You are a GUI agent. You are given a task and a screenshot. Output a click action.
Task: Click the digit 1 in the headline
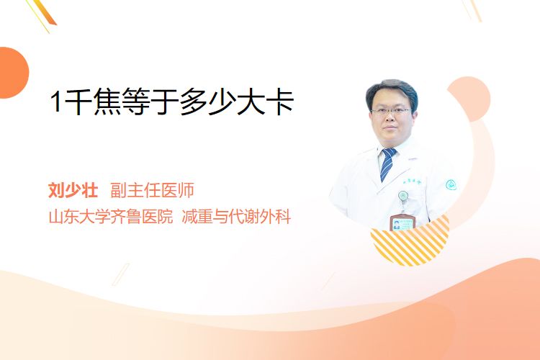pos(55,102)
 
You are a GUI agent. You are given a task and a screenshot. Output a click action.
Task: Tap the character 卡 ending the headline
pos(279,101)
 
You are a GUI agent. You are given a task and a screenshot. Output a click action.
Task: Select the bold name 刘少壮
pos(73,190)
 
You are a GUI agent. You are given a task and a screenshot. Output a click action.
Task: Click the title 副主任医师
pos(152,190)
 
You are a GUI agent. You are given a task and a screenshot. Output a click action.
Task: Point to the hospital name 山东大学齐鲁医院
pos(110,217)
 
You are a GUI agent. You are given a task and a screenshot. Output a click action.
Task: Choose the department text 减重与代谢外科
pos(236,217)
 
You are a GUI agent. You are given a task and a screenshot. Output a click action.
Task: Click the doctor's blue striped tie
pos(387,164)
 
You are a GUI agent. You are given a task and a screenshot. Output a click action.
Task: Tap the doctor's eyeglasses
pos(391,112)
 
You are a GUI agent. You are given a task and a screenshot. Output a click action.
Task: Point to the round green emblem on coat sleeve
pos(451,185)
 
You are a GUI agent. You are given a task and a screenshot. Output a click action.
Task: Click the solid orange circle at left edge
pos(13,73)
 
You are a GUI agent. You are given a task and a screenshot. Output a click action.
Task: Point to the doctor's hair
pos(392,90)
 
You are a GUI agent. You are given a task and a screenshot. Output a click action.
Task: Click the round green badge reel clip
pos(403,196)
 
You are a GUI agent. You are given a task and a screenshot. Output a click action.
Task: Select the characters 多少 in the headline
pos(207,101)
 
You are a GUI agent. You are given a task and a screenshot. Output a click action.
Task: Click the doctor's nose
pos(391,118)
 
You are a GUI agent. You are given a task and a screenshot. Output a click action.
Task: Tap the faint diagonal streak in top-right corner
pos(473,9)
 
